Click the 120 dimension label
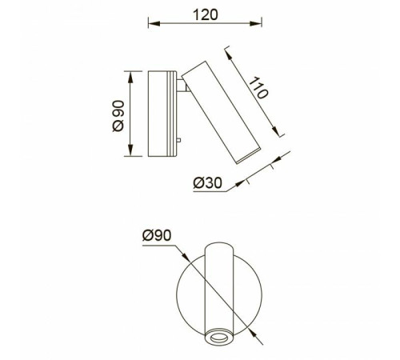pos(205,15)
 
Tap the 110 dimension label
pos(258,88)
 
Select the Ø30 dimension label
pos(207,183)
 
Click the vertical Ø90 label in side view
pos(118,116)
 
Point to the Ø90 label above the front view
pos(157,235)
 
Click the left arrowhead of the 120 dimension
pos(154,23)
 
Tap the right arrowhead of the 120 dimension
pos(256,23)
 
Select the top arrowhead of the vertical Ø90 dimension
pos(130,78)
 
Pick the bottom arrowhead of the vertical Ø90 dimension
pos(130,150)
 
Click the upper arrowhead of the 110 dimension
pos(228,56)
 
